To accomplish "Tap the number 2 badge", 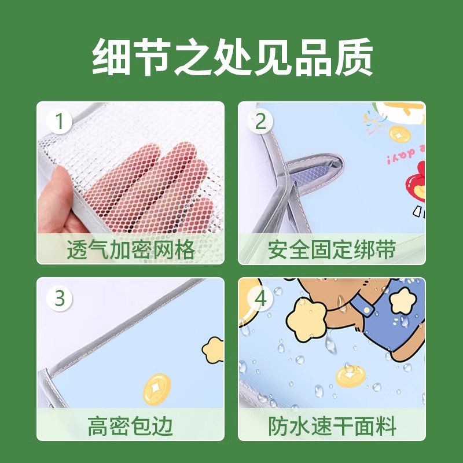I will point(260,123).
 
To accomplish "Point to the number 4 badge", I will point(260,299).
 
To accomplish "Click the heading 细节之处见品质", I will point(231,56).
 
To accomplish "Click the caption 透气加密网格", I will point(130,251).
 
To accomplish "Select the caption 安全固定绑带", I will point(332,251).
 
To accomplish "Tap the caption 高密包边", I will point(130,427).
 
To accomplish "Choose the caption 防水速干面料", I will point(332,427).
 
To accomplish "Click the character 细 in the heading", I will point(112,56).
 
